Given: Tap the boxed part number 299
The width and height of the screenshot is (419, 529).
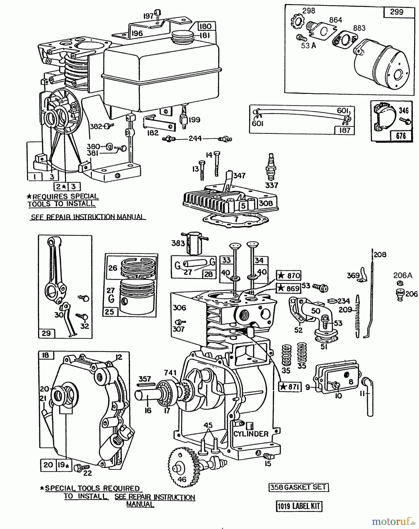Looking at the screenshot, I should pos(396,12).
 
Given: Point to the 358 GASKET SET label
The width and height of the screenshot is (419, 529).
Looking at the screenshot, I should pos(298,488).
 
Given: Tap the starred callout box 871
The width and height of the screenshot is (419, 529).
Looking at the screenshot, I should pos(290,387).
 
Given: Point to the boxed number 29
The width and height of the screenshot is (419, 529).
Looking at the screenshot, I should pos(46,333).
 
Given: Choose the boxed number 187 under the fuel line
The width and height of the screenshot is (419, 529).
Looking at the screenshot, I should pos(344,130).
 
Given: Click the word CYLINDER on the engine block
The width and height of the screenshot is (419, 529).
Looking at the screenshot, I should pos(251,434).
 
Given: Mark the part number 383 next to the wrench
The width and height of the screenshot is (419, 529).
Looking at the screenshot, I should pos(178,243).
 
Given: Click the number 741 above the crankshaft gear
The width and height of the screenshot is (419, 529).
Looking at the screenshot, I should pos(171,373).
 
